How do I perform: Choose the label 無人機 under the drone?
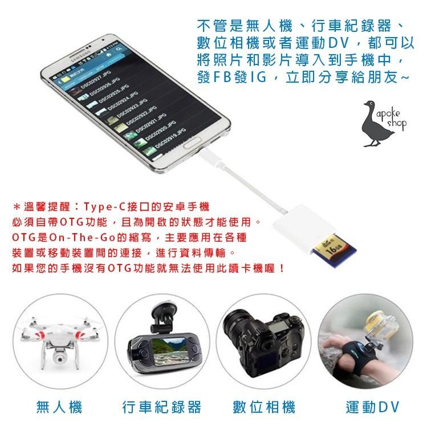(x=59, y=407)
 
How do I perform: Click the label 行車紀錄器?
(x=162, y=407)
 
